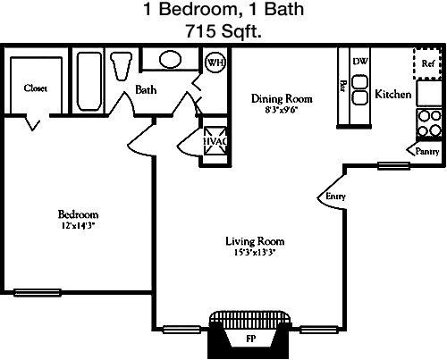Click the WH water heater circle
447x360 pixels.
click(x=215, y=63)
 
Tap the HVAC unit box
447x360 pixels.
click(x=215, y=141)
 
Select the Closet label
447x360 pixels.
click(x=36, y=88)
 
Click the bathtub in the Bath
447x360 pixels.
click(x=89, y=81)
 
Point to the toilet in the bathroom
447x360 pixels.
click(x=121, y=66)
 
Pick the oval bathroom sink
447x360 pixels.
click(x=170, y=60)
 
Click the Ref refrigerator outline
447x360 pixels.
click(x=427, y=63)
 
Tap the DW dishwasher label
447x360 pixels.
click(x=360, y=61)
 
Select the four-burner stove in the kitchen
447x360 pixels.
click(x=429, y=123)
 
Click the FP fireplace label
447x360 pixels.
click(x=250, y=339)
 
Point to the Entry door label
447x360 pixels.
click(x=335, y=197)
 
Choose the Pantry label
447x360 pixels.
click(x=427, y=151)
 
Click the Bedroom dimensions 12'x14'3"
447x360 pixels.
click(x=78, y=226)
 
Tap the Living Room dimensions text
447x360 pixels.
click(x=255, y=253)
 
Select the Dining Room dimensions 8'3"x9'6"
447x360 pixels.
click(x=282, y=110)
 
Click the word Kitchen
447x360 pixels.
click(x=393, y=94)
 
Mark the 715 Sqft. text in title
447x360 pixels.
click(x=223, y=31)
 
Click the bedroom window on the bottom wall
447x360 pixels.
click(x=38, y=292)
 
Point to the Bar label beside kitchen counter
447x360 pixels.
click(x=343, y=86)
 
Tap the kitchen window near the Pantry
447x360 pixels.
click(x=393, y=165)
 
